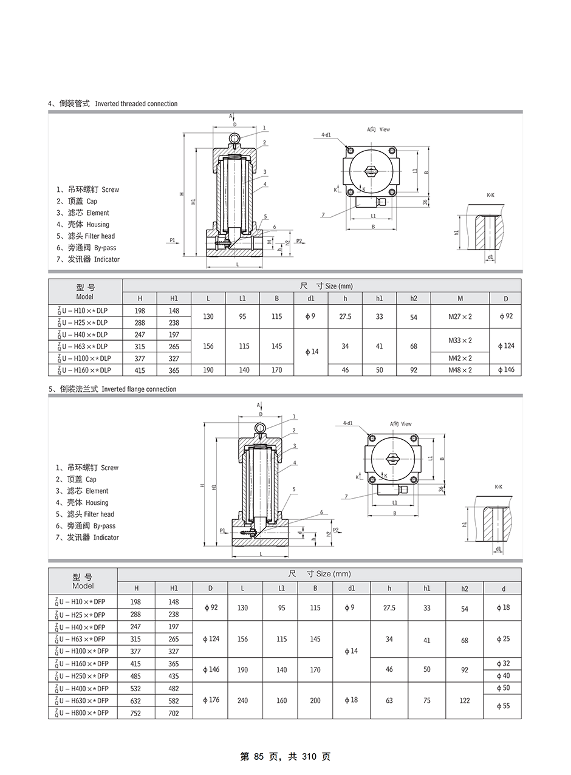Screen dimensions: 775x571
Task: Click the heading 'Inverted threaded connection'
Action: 136,104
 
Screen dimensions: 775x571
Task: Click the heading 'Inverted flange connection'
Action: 138,389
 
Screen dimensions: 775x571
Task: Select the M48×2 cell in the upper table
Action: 460,370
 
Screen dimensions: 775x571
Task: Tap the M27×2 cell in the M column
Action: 460,316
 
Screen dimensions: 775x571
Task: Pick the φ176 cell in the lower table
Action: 210,700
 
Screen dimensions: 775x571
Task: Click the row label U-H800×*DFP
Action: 83,712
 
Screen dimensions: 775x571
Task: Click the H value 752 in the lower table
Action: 136,713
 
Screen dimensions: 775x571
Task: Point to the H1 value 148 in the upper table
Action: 174,311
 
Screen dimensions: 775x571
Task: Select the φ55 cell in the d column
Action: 502,706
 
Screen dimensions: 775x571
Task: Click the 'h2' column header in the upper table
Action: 414,298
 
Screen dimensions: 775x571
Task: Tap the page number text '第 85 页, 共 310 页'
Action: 285,757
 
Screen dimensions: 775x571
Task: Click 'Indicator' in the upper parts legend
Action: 106,259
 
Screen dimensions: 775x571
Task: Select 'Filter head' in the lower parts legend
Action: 99,514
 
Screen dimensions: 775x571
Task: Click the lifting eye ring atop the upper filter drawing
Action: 234,139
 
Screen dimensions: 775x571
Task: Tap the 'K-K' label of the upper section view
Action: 490,195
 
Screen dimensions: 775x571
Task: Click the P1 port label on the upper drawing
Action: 173,241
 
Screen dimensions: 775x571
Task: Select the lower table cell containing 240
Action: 242,700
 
